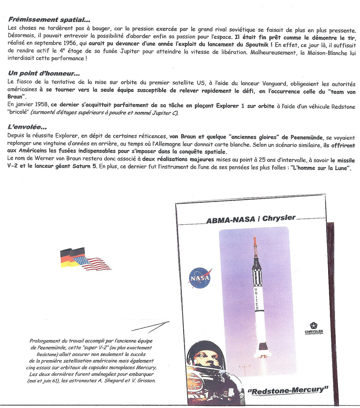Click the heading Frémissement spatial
49,20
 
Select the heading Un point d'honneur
44,73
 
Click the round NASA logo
200,278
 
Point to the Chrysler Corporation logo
314,329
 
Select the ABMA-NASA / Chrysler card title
251,219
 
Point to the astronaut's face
206,359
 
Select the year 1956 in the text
70,44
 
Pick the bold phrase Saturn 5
84,167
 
